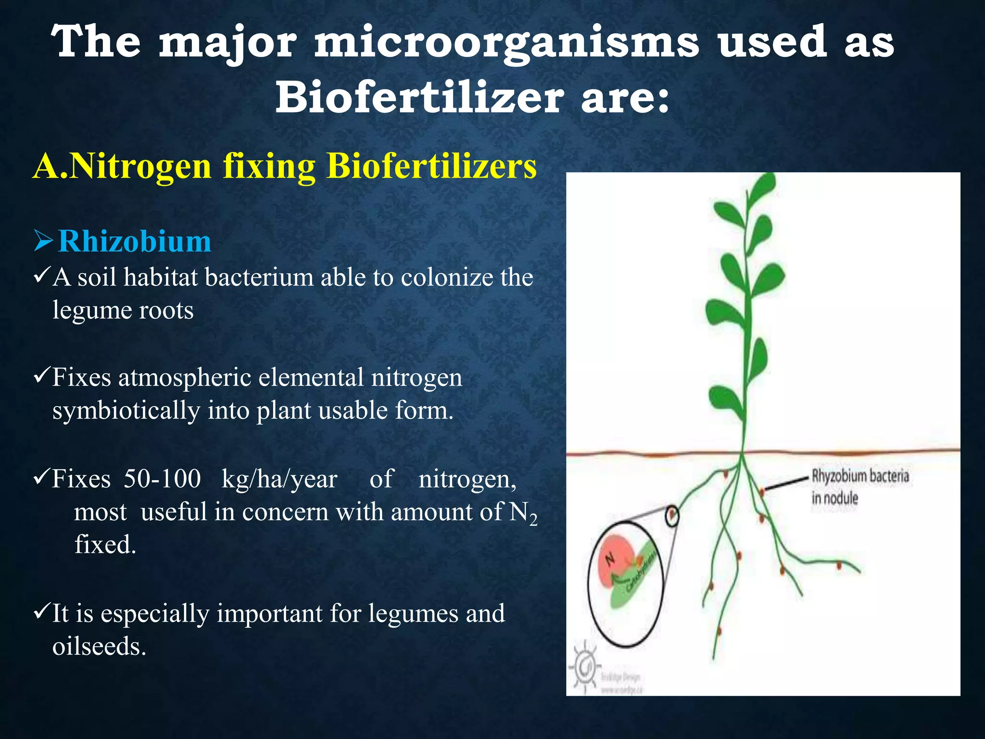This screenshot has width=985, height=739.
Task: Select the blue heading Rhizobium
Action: tap(134, 241)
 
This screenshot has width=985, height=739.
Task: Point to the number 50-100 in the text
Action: tap(162, 479)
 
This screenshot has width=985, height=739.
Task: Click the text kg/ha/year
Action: tap(279, 479)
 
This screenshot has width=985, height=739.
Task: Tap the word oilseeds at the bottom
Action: tap(99, 646)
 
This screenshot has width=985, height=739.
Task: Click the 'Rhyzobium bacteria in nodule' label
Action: tap(859, 486)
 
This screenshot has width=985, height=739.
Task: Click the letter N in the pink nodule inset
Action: tap(610, 559)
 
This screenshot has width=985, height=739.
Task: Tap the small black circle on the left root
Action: tap(672, 517)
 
